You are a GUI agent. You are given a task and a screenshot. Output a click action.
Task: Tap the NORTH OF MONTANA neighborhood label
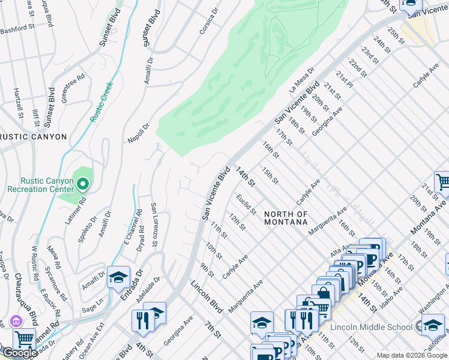[286, 218]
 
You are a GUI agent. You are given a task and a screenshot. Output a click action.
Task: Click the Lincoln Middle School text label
[372, 327]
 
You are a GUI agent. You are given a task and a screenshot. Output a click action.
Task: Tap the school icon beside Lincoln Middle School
[433, 325]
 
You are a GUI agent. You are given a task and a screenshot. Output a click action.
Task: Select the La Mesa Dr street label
[301, 80]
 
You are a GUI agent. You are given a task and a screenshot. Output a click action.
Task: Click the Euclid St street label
[246, 204]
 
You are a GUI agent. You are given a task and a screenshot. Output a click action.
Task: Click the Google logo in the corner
[19, 353]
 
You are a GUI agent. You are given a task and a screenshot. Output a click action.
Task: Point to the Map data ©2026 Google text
[411, 355]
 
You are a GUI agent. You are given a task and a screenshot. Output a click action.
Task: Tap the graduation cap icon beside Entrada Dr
[118, 277]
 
